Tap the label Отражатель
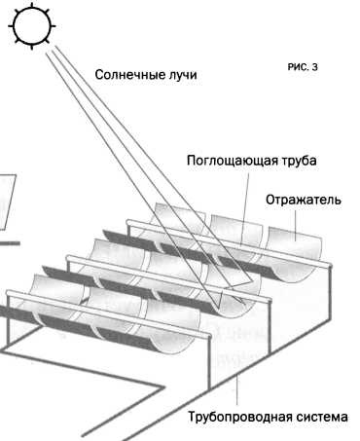pyautogui.click(x=302, y=200)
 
